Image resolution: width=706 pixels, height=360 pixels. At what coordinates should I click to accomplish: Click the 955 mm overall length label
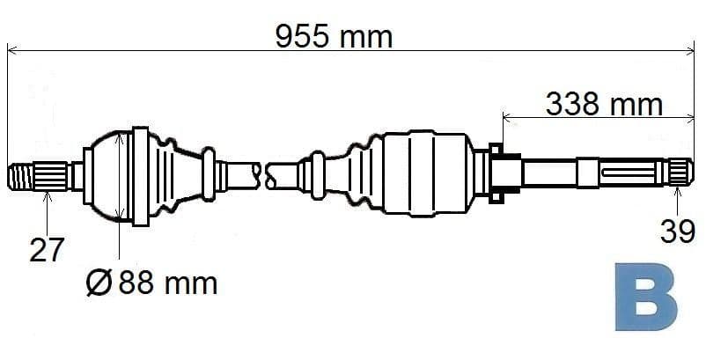pos(334,36)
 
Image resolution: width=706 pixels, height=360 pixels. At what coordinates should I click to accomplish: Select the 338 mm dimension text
pos(604,105)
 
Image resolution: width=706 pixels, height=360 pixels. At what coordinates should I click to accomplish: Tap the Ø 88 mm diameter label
pos(151,283)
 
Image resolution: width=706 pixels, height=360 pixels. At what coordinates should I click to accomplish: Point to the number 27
pos(47,250)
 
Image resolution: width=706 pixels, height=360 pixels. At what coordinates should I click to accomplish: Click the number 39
pos(678,232)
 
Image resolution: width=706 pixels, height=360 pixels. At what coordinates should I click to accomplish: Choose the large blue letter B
pos(646,297)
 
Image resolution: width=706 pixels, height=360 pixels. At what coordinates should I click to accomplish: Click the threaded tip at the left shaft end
pos(21,176)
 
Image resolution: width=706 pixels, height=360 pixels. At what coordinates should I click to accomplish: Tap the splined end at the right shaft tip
pos(680,172)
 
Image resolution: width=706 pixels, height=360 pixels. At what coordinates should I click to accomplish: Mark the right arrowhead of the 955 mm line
pos(690,50)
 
